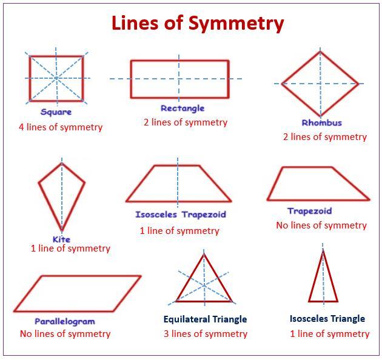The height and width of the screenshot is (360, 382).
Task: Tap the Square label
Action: pyautogui.click(x=56, y=112)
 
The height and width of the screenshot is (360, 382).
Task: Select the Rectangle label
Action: pyautogui.click(x=183, y=108)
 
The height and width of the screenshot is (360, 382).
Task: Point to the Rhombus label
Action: pyautogui.click(x=322, y=122)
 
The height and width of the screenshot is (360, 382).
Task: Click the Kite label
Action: pyautogui.click(x=61, y=239)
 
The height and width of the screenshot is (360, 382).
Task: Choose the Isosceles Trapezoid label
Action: pyautogui.click(x=180, y=215)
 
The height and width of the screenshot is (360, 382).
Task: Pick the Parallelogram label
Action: pyautogui.click(x=65, y=321)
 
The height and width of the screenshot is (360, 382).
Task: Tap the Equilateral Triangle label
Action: pyautogui.click(x=205, y=319)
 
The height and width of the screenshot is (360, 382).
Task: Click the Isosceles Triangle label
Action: pyautogui.click(x=327, y=318)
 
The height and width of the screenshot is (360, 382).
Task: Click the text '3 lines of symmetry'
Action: pyautogui.click(x=205, y=333)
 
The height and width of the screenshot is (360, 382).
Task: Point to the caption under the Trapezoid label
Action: pyautogui.click(x=321, y=225)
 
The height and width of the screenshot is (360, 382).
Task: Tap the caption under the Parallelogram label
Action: pyautogui.click(x=65, y=333)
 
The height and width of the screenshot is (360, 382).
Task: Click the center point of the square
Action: pyautogui.click(x=56, y=78)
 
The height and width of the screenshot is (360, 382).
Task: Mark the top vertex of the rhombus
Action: pyautogui.click(x=321, y=52)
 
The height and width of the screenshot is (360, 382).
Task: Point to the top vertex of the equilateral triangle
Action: pyautogui.click(x=204, y=255)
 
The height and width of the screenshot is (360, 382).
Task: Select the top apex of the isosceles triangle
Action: pyautogui.click(x=323, y=250)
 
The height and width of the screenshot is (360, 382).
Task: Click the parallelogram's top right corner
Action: pyautogui.click(x=141, y=276)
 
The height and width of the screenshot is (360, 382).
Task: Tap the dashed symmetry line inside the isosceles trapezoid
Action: pyautogui.click(x=178, y=182)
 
